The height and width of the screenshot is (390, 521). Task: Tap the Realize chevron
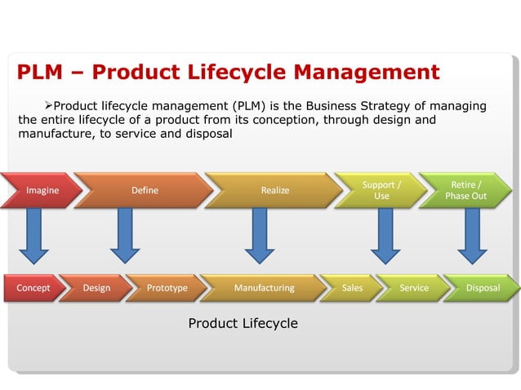[274, 190]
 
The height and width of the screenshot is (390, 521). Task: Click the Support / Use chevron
[381, 190]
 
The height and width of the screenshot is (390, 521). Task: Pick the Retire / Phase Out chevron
[465, 190]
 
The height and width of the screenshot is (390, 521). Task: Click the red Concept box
[33, 288]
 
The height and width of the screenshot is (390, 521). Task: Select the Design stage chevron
[96, 288]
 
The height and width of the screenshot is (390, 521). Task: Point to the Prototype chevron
[167, 288]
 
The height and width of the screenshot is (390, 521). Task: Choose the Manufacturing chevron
[264, 288]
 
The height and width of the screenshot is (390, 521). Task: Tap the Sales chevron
[352, 288]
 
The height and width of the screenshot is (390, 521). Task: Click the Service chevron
[413, 288]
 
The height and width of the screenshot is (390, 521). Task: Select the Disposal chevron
[482, 288]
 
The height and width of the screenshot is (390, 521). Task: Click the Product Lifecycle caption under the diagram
[243, 324]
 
